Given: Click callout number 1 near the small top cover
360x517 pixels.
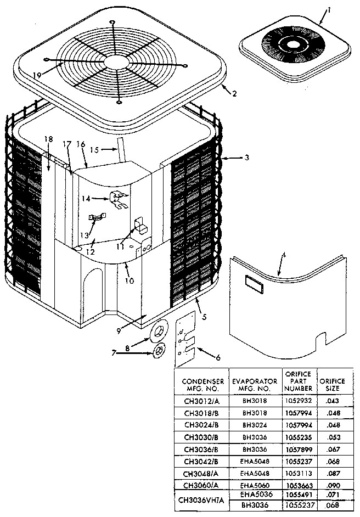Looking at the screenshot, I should (329, 9).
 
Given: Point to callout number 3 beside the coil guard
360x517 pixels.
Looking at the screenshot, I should (247, 158).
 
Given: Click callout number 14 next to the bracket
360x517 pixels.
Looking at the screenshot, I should (86, 198).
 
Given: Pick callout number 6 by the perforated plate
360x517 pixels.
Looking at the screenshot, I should (218, 358).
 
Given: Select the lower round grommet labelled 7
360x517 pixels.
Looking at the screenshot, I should (158, 350).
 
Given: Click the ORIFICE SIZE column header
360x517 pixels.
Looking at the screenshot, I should (333, 385).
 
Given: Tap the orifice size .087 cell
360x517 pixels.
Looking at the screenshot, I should (333, 472).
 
